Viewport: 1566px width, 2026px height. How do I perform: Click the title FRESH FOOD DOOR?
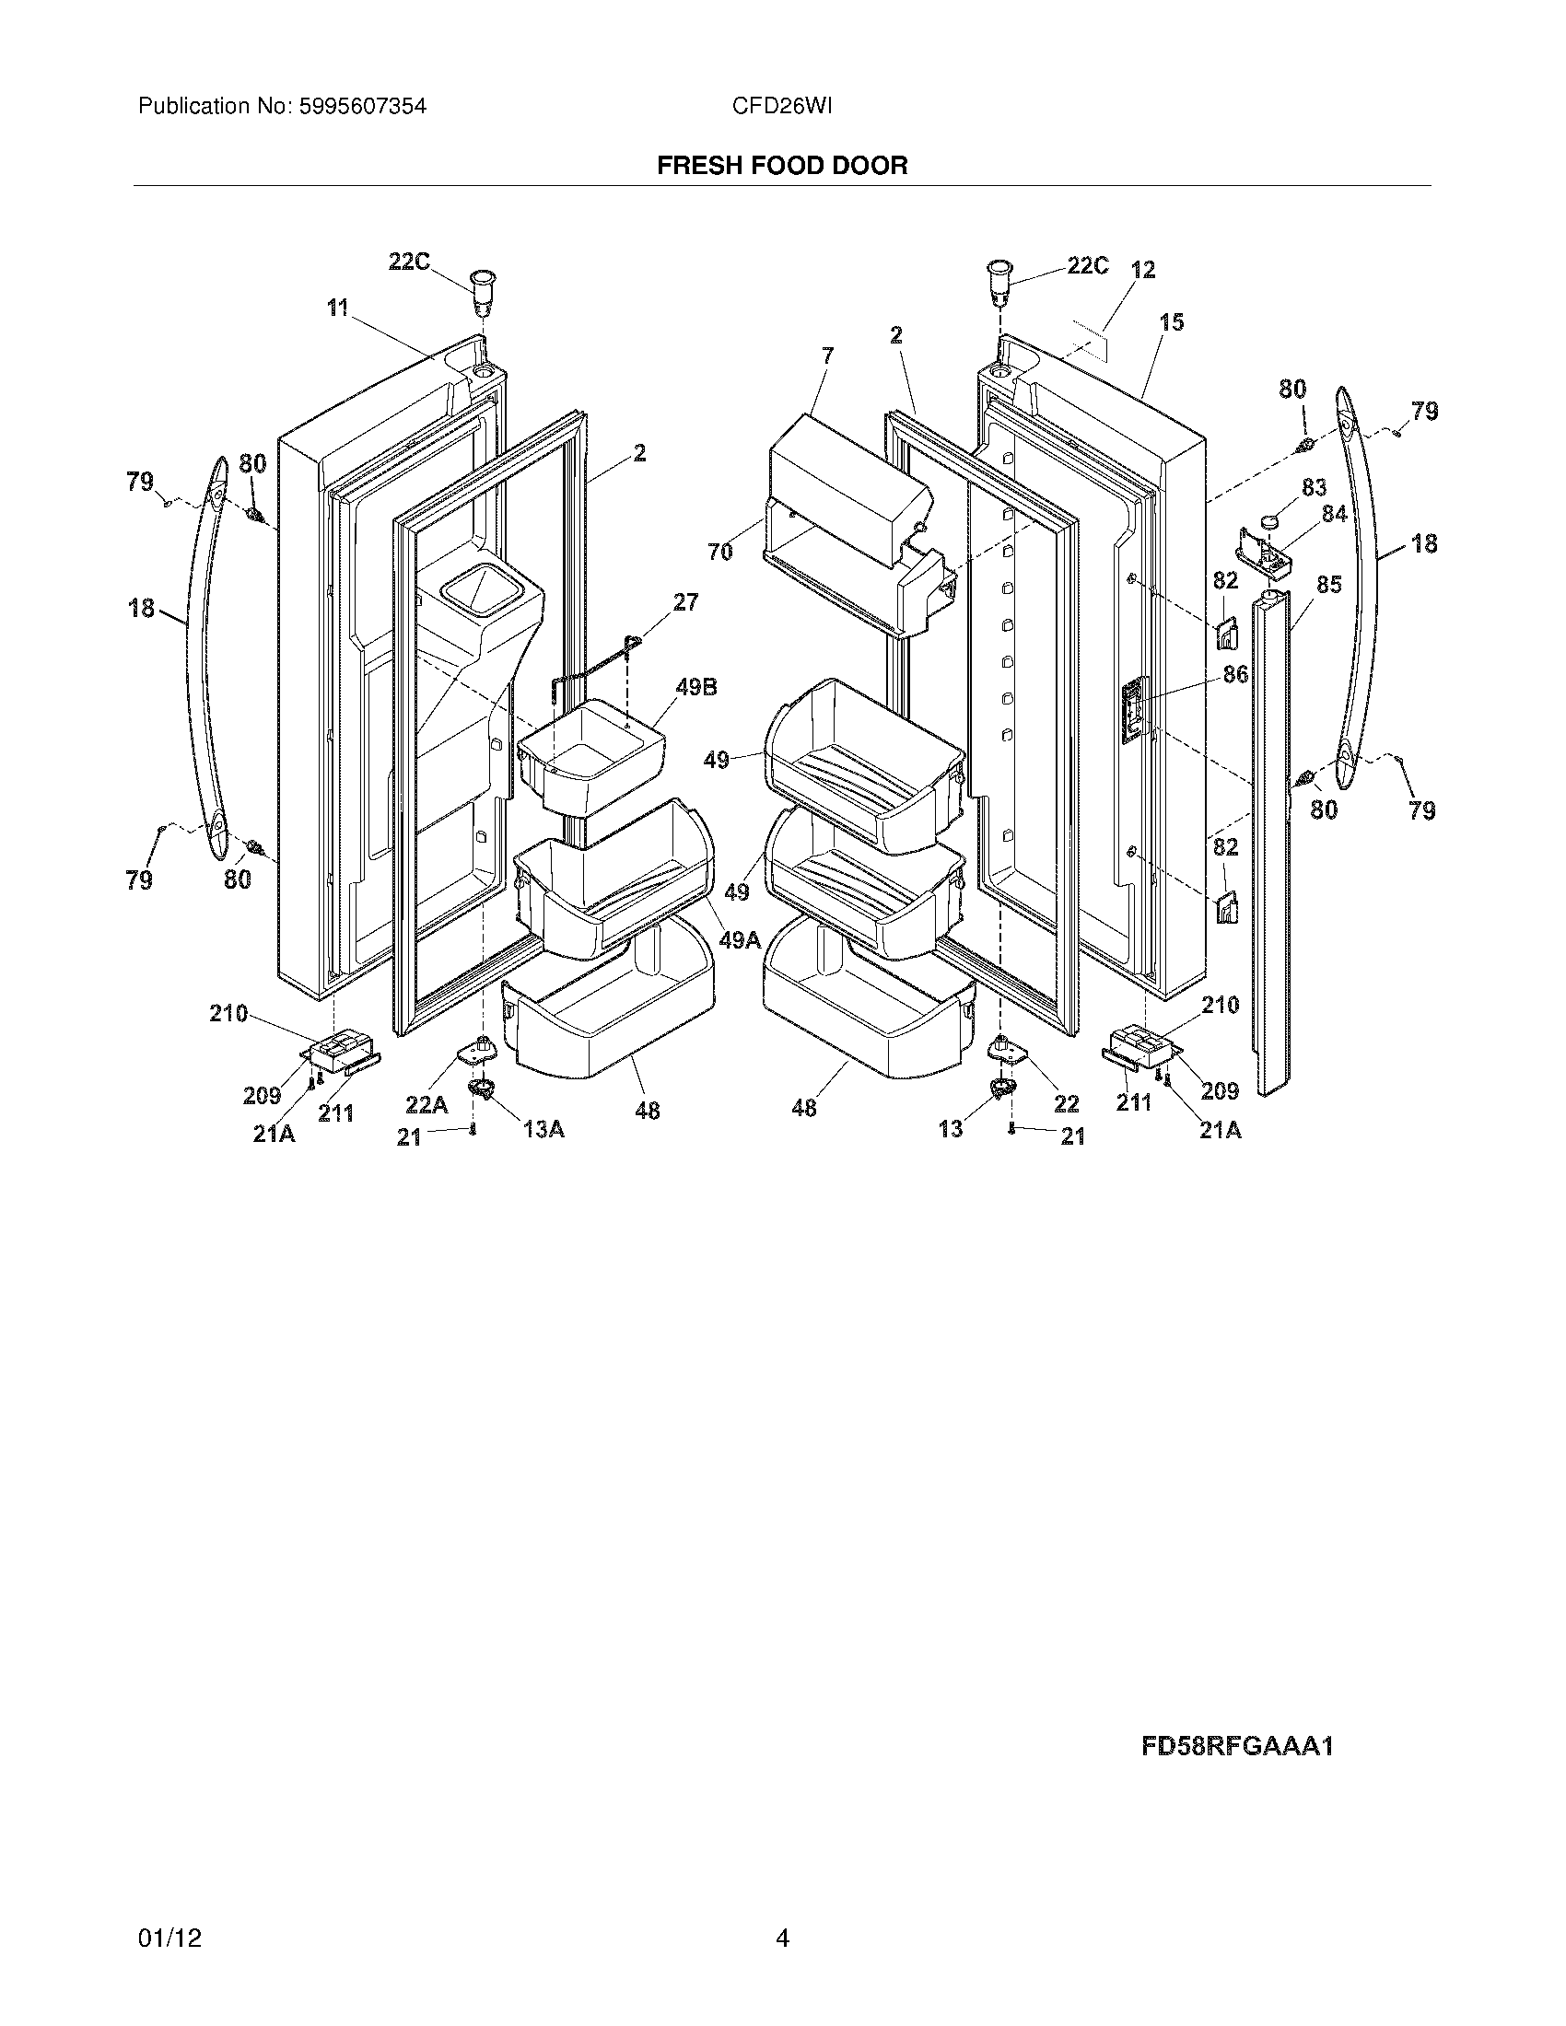[782, 165]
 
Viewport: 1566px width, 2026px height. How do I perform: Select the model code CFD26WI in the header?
[781, 107]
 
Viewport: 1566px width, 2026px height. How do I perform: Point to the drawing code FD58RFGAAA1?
[1236, 1747]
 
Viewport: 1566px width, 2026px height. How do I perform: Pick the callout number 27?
[684, 602]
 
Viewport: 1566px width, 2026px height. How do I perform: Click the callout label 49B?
[695, 687]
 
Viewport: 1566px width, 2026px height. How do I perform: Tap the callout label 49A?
[740, 939]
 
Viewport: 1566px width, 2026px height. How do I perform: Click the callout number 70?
[719, 552]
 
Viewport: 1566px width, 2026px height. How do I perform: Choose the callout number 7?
[826, 355]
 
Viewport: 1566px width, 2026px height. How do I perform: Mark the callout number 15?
[1172, 322]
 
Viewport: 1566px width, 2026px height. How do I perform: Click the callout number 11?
[337, 307]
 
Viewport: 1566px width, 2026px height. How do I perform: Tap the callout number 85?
[1328, 586]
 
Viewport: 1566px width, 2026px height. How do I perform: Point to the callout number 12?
[1143, 270]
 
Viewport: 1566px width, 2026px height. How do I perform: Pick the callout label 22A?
[426, 1104]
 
